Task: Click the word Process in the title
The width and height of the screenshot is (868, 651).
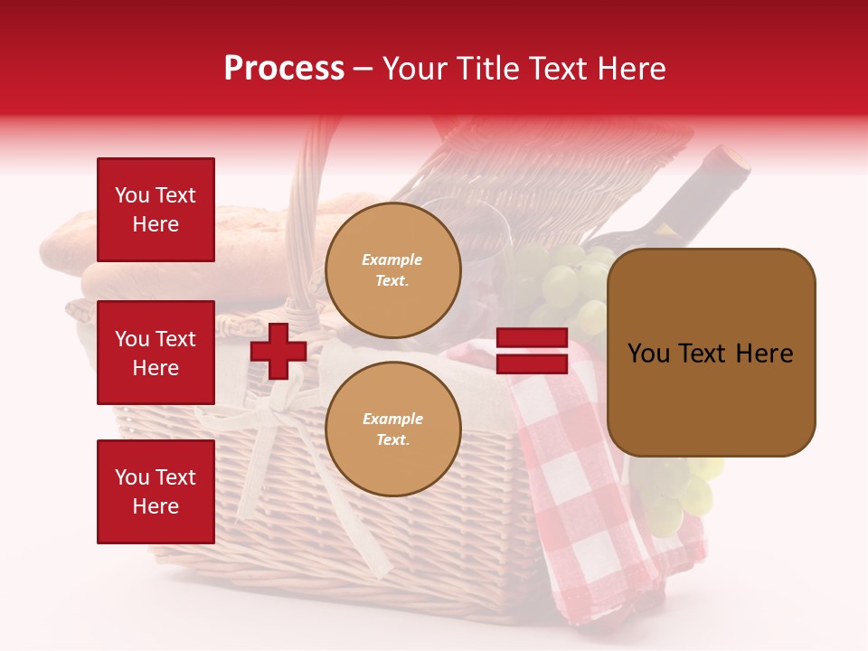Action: point(284,68)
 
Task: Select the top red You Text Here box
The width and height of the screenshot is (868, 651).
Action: point(156,210)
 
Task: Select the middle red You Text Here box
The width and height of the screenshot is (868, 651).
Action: point(156,353)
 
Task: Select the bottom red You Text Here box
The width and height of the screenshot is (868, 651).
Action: point(156,492)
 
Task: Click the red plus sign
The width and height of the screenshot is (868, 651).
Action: point(278,351)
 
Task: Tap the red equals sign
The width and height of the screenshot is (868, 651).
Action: point(532,352)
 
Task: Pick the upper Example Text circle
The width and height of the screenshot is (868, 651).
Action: point(393,270)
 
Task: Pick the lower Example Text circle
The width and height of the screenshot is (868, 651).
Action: point(393,429)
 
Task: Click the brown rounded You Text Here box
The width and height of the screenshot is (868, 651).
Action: point(711,353)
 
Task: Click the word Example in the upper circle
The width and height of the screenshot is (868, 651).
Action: point(392,259)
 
